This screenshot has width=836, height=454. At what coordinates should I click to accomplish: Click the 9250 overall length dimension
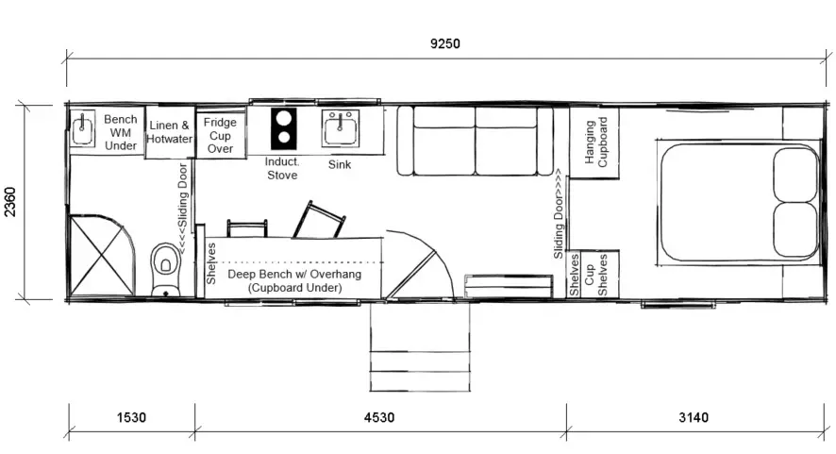tap(445, 43)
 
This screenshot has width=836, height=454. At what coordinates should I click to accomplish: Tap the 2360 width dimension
tap(10, 202)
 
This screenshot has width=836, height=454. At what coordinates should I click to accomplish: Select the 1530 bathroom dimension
tap(131, 417)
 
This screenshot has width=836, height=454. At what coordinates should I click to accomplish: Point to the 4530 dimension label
tap(379, 417)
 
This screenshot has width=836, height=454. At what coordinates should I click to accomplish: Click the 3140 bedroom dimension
tap(694, 417)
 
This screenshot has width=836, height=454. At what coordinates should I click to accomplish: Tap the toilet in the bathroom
tap(166, 269)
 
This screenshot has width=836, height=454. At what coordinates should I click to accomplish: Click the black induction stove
tap(284, 129)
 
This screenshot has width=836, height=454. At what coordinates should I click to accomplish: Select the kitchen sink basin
tap(341, 128)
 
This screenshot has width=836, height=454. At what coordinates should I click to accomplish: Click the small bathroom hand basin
tap(83, 128)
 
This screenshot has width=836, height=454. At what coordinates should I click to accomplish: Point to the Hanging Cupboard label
tap(595, 142)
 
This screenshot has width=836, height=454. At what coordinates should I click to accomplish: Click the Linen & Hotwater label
tap(170, 132)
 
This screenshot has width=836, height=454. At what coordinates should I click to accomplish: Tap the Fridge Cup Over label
tap(220, 136)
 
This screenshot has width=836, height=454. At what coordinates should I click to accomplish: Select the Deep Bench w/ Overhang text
tap(294, 275)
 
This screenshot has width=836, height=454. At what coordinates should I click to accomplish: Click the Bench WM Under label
tap(121, 132)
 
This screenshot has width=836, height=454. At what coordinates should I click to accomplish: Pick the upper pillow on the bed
tap(794, 175)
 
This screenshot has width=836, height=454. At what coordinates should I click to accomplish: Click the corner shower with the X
tap(102, 255)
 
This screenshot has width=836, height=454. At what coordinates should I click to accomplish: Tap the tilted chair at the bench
tap(319, 219)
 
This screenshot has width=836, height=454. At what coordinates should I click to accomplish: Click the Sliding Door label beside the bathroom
tap(182, 209)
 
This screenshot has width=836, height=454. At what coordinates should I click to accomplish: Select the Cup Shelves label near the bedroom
tap(595, 275)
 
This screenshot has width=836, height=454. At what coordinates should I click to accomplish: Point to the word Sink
tap(340, 164)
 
